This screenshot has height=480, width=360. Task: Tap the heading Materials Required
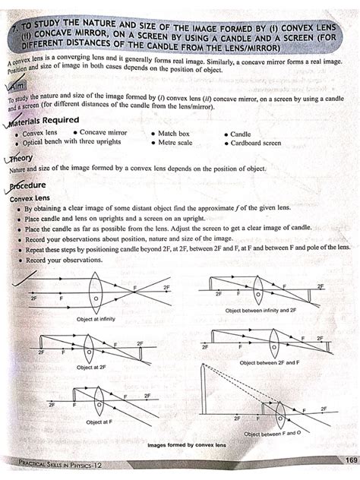(x=50, y=120)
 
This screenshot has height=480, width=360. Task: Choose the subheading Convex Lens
(x=30, y=197)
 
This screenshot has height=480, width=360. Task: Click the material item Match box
(x=174, y=133)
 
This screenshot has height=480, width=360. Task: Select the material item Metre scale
(x=175, y=142)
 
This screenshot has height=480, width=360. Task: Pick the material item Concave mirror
(x=103, y=133)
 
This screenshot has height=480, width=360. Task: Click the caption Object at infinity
(x=96, y=318)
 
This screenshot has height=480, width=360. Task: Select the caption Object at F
(x=99, y=422)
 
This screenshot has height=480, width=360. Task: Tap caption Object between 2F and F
(x=267, y=363)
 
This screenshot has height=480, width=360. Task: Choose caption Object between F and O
(x=270, y=434)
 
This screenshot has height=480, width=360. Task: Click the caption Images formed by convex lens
(x=186, y=444)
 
